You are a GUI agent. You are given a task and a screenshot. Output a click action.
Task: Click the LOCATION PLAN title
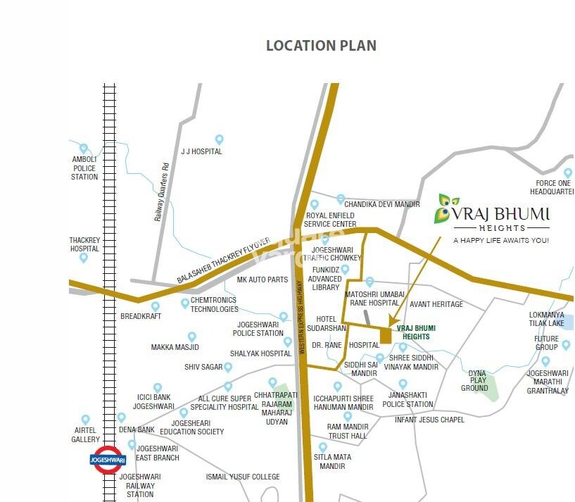(321, 46)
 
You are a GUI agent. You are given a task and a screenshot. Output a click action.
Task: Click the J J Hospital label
(201, 151)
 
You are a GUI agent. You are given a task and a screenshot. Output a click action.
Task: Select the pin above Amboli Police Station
(84, 149)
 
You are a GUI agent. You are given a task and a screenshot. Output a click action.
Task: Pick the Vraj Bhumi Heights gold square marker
(385, 336)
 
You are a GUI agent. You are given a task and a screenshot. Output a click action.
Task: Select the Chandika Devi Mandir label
(381, 204)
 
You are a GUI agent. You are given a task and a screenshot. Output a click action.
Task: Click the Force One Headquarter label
(552, 187)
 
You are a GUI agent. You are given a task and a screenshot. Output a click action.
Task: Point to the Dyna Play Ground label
(475, 381)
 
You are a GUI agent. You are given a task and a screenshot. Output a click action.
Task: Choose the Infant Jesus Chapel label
(429, 420)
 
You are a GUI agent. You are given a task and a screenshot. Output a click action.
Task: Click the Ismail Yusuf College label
(243, 477)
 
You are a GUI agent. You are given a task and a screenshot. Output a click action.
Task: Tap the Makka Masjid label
(175, 347)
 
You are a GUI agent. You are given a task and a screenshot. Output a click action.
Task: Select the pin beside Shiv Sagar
(228, 367)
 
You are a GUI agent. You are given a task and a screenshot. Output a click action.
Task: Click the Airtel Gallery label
(85, 435)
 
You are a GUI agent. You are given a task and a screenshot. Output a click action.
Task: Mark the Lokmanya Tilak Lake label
(547, 319)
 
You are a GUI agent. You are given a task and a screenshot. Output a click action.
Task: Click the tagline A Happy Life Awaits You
(500, 241)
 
